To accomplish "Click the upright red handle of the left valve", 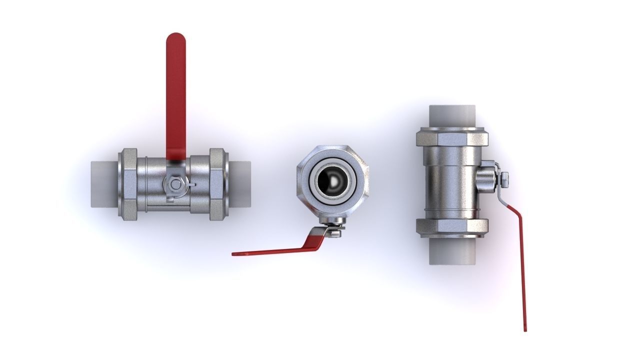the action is (175, 100).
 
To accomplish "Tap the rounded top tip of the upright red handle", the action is (175, 37).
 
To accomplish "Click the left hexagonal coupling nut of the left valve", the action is (127, 184).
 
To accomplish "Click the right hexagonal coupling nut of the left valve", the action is (217, 184).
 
